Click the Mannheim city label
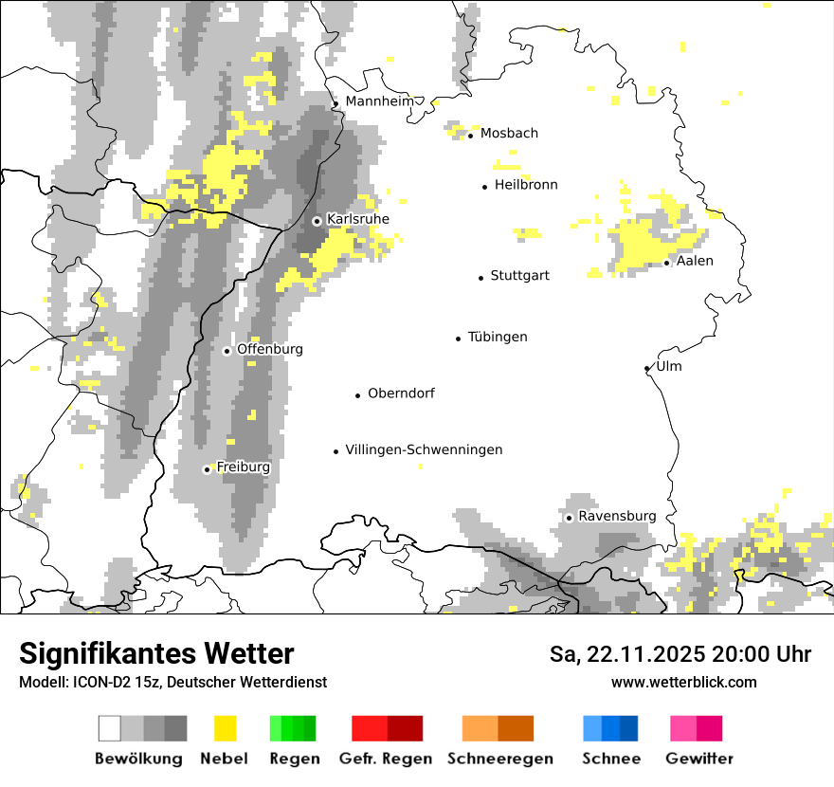(378, 101)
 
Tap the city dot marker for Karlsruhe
(317, 221)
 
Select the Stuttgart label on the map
(519, 276)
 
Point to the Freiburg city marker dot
(207, 469)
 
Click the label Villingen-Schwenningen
(424, 450)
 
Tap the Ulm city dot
(646, 369)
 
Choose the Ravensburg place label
(617, 517)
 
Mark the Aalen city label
(695, 261)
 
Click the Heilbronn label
(526, 185)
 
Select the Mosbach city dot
(471, 136)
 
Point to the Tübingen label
(498, 338)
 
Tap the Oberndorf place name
(401, 393)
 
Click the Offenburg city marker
(227, 351)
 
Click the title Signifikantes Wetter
(156, 654)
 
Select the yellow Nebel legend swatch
(225, 728)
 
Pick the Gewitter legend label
(698, 759)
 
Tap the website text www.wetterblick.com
(683, 682)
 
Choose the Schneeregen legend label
(499, 759)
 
